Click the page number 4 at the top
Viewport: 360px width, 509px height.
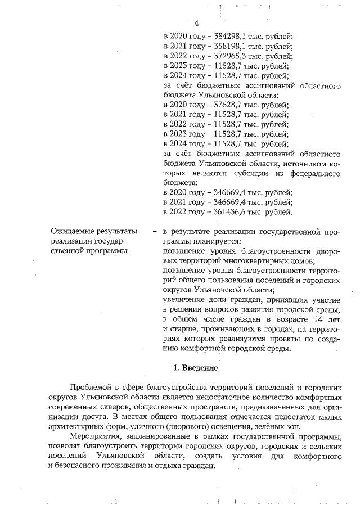(x=196, y=23)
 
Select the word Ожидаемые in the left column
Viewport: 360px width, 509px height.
(x=70, y=231)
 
